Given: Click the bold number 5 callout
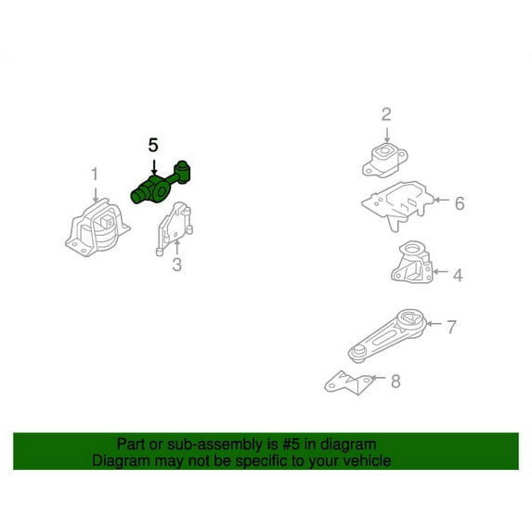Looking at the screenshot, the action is pyautogui.click(x=153, y=145).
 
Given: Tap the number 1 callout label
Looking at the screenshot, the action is pyautogui.click(x=95, y=175).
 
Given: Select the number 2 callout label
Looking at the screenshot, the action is pyautogui.click(x=386, y=114).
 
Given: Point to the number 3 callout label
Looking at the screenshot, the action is pyautogui.click(x=176, y=265).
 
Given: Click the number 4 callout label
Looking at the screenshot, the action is pyautogui.click(x=458, y=275).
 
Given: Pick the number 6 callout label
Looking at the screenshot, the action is pyautogui.click(x=460, y=203).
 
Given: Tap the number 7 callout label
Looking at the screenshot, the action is pyautogui.click(x=451, y=327).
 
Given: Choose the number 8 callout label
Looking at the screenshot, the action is pyautogui.click(x=396, y=382).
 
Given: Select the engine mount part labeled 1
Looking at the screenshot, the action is pyautogui.click(x=97, y=228).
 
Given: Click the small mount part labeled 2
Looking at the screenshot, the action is pyautogui.click(x=384, y=161).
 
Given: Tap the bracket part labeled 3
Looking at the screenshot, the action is pyautogui.click(x=174, y=228).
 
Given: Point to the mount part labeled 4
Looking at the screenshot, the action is pyautogui.click(x=412, y=262).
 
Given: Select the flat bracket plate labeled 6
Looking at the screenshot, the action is pyautogui.click(x=397, y=204).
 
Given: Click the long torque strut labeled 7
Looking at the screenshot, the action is pyautogui.click(x=387, y=336).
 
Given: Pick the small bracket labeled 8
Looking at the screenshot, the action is pyautogui.click(x=348, y=383).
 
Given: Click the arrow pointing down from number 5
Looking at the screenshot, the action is pyautogui.click(x=154, y=168).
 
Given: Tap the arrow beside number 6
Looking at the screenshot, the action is pyautogui.click(x=441, y=200).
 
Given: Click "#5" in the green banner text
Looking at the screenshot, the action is pyautogui.click(x=291, y=445).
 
